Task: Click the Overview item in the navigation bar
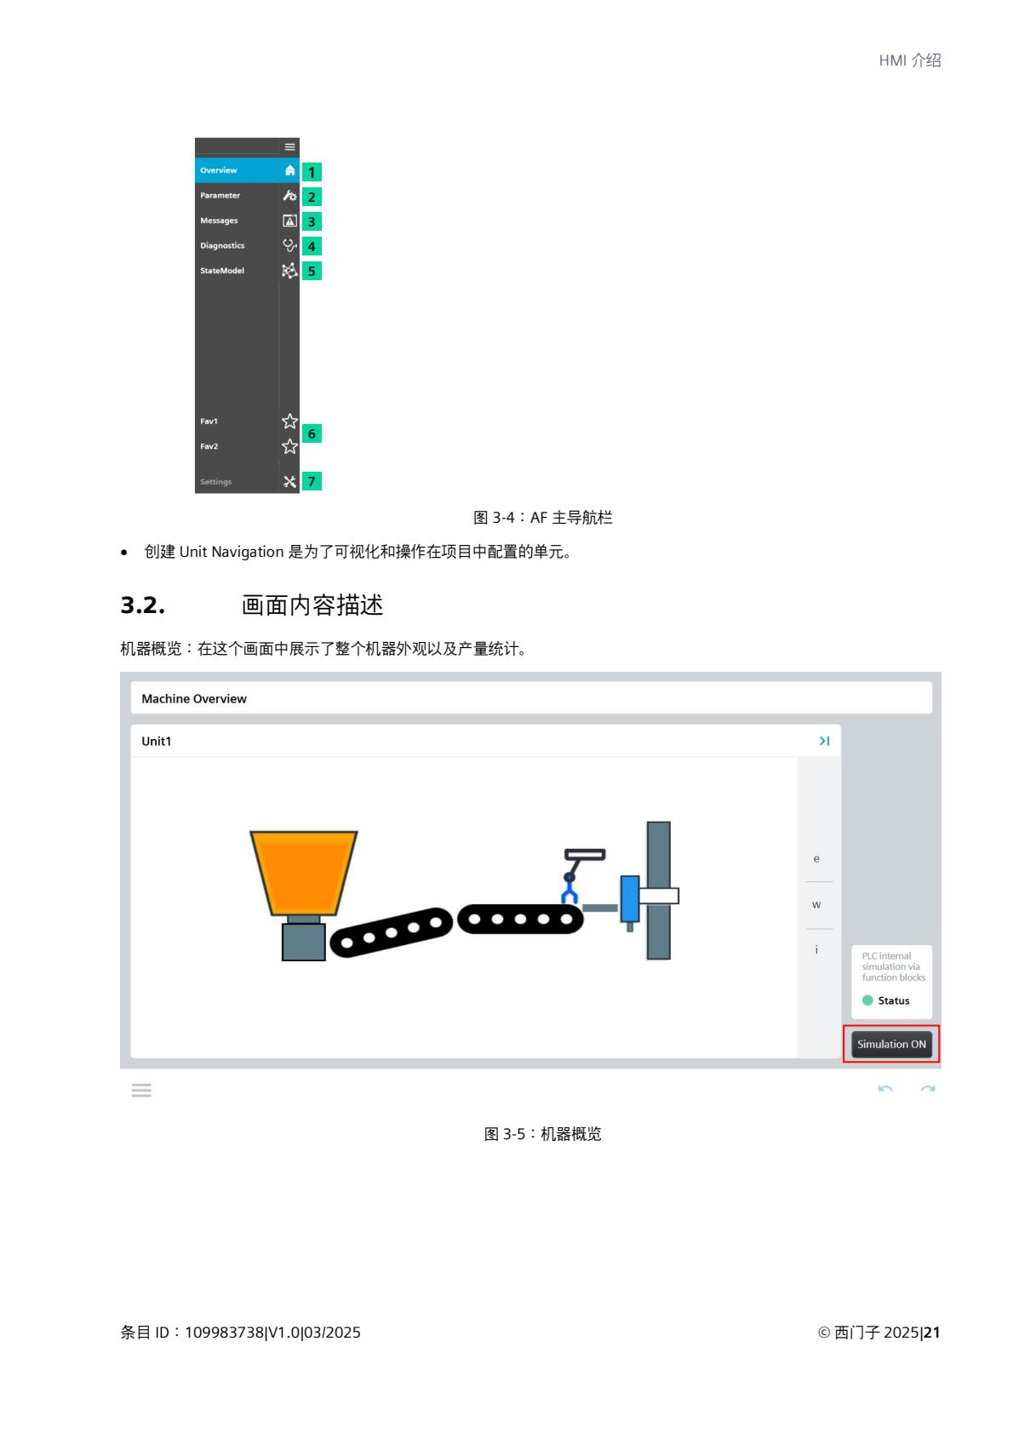tap(246, 170)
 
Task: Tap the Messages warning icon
tap(289, 221)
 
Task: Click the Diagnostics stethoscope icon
tap(289, 246)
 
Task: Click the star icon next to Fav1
tap(289, 421)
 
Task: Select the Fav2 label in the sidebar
tap(209, 446)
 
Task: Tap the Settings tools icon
tap(289, 482)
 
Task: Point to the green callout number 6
tap(312, 433)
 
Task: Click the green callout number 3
tap(312, 221)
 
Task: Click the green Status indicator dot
tap(867, 1000)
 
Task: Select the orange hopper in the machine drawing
tap(303, 874)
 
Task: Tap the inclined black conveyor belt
tap(392, 932)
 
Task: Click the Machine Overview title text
tap(194, 698)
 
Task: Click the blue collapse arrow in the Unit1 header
tap(824, 741)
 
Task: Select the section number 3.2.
tap(143, 605)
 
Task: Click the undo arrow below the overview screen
tap(885, 1089)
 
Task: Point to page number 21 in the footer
tap(932, 1332)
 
